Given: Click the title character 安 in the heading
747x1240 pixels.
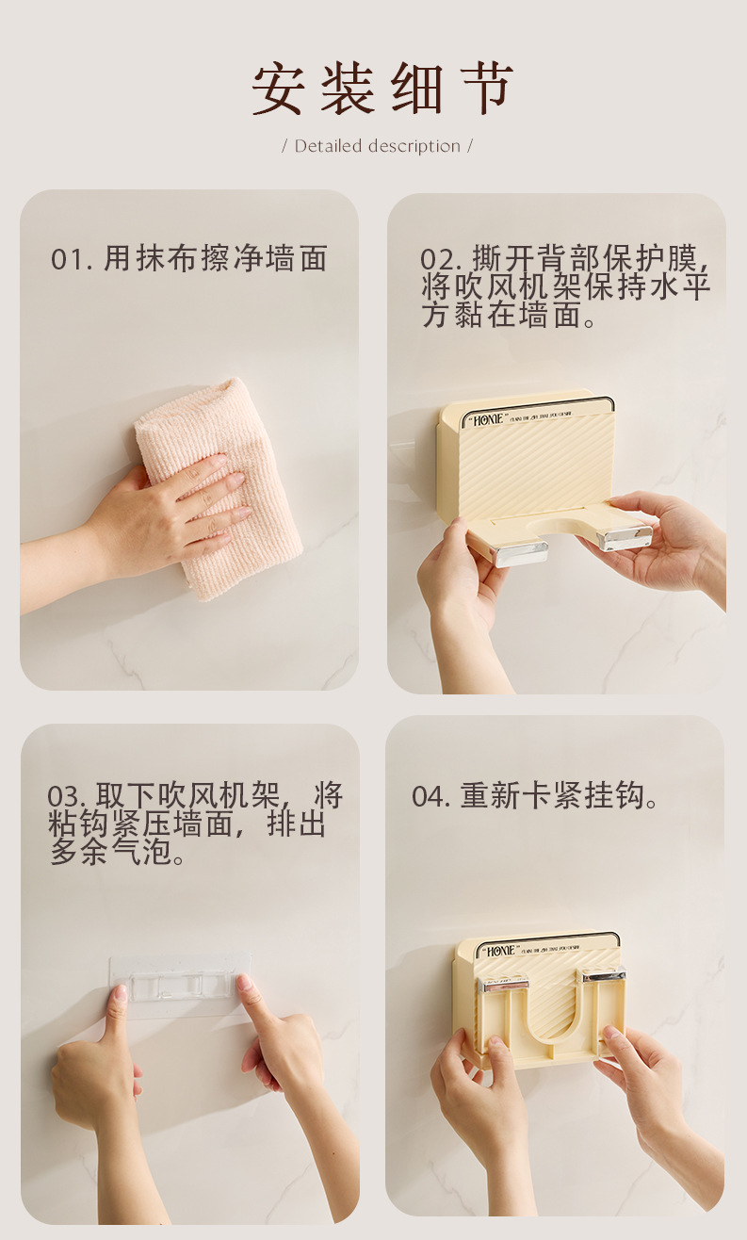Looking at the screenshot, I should [x=279, y=90].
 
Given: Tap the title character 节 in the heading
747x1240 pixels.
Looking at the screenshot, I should [x=486, y=90].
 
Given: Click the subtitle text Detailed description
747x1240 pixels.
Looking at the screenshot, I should [x=377, y=146].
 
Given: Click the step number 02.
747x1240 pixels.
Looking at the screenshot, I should [x=439, y=260].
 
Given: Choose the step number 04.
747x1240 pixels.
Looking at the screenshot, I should [x=430, y=797].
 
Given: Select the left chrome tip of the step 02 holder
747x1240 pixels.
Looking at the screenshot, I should [x=520, y=552].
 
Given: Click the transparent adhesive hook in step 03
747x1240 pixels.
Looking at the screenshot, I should [x=179, y=984].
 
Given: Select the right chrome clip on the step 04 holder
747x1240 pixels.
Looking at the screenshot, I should [x=603, y=976].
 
